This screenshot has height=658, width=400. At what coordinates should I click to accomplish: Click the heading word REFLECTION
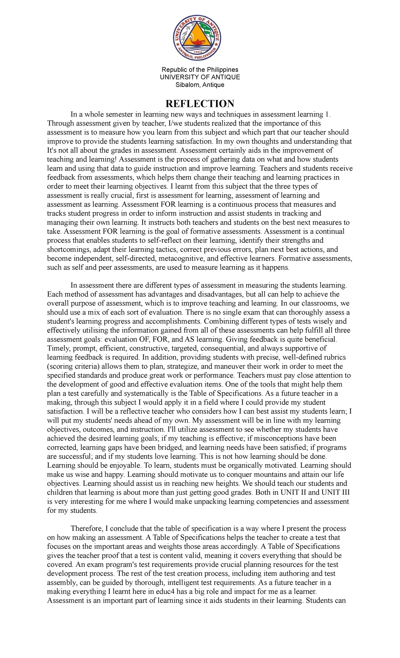(x=200, y=104)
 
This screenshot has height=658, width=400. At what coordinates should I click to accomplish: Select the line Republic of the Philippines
(x=200, y=70)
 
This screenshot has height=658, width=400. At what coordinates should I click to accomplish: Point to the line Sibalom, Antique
(x=200, y=85)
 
